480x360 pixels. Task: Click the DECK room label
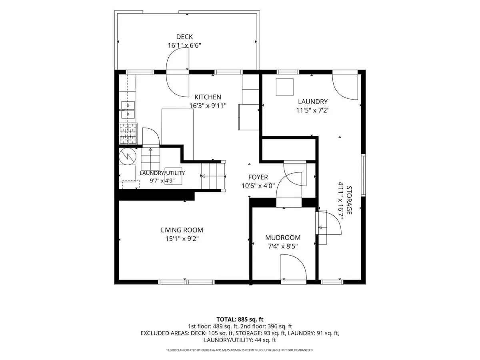[x=184, y=37]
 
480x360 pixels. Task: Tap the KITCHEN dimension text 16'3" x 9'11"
[x=208, y=106]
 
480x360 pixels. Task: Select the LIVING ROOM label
[x=182, y=230]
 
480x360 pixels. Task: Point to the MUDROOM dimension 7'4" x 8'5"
[x=283, y=246]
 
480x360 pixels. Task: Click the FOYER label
[x=258, y=177]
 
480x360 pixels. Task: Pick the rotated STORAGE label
[x=349, y=200]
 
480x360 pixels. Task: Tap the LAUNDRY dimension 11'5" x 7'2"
[x=313, y=110]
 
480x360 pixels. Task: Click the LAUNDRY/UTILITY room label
[x=162, y=173]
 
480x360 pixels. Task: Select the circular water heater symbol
[x=128, y=156]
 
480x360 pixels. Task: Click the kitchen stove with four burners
[x=128, y=134]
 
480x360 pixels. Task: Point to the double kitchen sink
[x=128, y=110]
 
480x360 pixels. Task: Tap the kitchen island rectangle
[x=177, y=134]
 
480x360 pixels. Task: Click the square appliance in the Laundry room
[x=284, y=87]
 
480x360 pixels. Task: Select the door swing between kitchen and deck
[x=178, y=72]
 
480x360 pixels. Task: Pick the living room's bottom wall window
[x=186, y=282]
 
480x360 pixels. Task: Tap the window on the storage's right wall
[x=363, y=175]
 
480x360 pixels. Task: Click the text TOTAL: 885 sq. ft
[x=240, y=319]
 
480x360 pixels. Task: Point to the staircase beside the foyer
[x=213, y=176]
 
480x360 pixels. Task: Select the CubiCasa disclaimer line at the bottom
[x=240, y=350]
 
